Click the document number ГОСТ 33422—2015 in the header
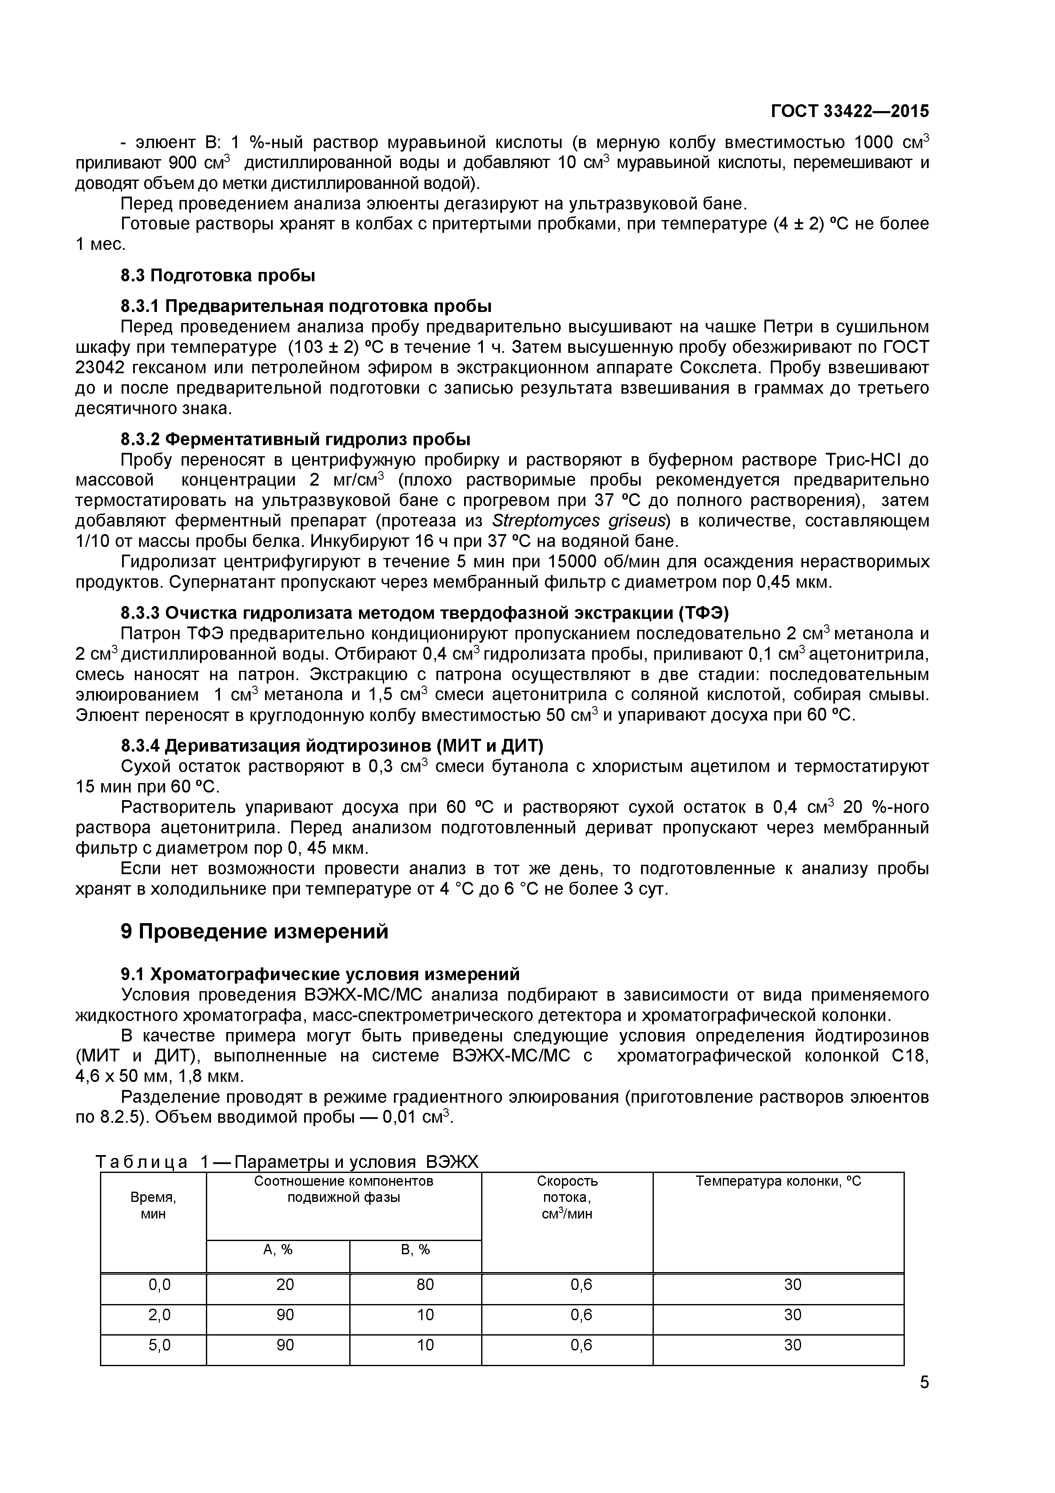[x=850, y=111]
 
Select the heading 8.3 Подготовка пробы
[x=218, y=276]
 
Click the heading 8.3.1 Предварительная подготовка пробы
[x=305, y=306]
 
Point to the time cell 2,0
[x=159, y=1315]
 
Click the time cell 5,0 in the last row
[x=159, y=1345]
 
